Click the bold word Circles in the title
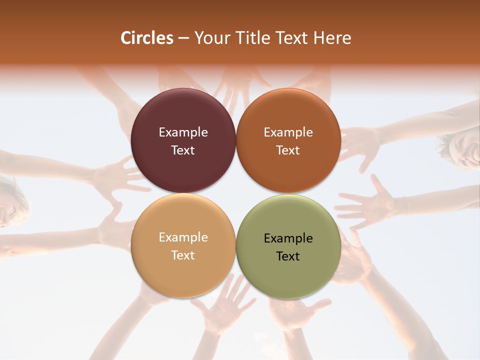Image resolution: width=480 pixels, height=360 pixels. click(147, 38)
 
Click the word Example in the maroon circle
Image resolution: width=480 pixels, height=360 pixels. click(183, 132)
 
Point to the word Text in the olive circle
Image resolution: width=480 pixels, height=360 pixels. click(288, 256)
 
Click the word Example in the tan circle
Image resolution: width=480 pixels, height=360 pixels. click(183, 237)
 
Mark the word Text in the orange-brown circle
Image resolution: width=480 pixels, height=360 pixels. click(288, 150)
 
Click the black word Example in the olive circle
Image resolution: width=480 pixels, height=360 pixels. click(288, 238)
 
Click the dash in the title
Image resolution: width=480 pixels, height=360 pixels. click(183, 38)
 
